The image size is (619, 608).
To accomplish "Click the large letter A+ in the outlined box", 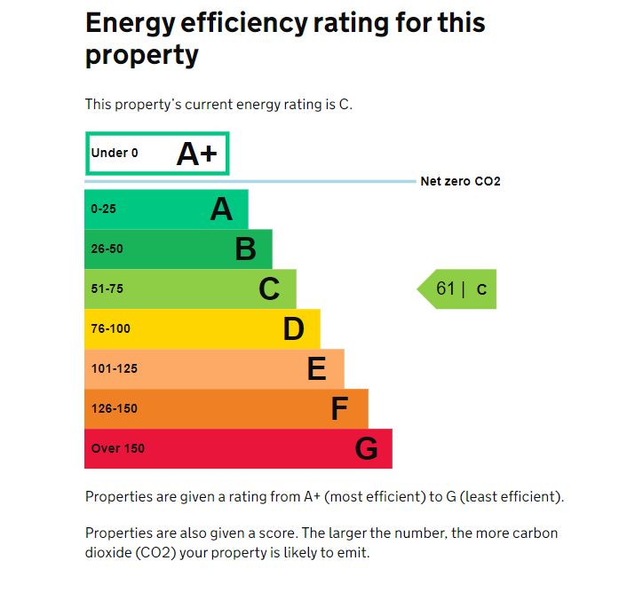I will [196, 154].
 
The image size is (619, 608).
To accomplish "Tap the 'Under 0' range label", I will [115, 153].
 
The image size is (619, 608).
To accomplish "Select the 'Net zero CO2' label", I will [460, 182].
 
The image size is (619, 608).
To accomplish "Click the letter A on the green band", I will [220, 209].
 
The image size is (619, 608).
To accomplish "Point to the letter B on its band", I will [245, 249].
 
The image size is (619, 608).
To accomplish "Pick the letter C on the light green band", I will [269, 289].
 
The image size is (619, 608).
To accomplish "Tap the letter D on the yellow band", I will [293, 329].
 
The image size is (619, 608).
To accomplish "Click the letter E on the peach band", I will [316, 369].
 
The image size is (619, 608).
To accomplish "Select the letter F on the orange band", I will [339, 409].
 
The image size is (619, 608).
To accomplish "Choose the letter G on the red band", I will [366, 449].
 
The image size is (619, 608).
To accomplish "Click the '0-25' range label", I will [104, 209].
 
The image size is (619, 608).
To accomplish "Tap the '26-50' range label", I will [107, 249].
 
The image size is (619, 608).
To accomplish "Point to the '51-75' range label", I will [107, 289].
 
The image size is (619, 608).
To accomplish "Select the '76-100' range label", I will [110, 329].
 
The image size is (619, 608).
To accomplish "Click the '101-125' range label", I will [114, 369].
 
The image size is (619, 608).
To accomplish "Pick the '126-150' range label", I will [114, 409].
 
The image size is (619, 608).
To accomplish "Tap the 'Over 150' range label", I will [117, 449].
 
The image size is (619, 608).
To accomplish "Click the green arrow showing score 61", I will [458, 288].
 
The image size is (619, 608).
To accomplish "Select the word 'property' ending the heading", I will [141, 56].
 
